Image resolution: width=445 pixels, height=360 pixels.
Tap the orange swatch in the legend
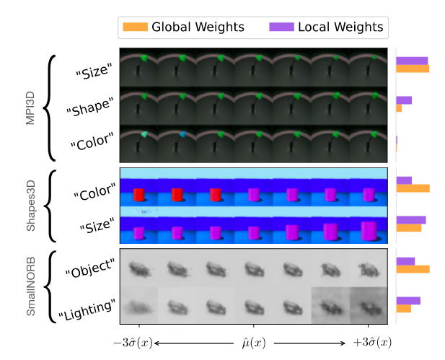pos(135,27)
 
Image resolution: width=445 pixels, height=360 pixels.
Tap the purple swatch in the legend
pos(281,27)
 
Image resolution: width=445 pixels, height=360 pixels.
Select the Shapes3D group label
pos(30,206)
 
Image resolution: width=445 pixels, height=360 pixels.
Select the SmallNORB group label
pos(30,286)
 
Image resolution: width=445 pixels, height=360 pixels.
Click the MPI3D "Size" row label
pos(94,71)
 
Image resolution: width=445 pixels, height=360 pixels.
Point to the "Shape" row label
pos(89,108)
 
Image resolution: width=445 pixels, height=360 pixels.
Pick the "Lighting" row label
pos(87,307)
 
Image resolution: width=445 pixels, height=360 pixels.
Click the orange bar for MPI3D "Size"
pos(413,69)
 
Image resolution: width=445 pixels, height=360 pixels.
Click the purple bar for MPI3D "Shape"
pos(404,100)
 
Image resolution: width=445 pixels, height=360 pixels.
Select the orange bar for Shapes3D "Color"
pos(413,188)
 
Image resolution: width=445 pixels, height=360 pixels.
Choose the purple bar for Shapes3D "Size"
pos(411,220)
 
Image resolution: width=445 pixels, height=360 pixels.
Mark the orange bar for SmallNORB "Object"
pos(413,269)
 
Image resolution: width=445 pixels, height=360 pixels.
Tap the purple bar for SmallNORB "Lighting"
pos(408,301)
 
